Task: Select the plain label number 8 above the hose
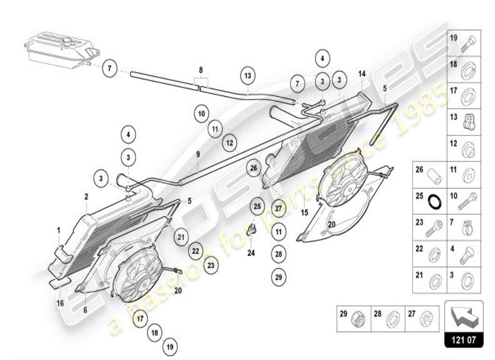point(201,70)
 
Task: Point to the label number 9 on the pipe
point(198,154)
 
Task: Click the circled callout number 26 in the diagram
point(253,168)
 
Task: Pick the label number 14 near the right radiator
point(362,74)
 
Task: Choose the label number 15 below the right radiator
point(305,212)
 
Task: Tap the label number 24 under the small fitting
point(251,253)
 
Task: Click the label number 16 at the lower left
point(60,303)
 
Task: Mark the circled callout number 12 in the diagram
point(229,144)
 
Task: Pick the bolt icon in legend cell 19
point(471,43)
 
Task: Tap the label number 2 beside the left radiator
point(86,196)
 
